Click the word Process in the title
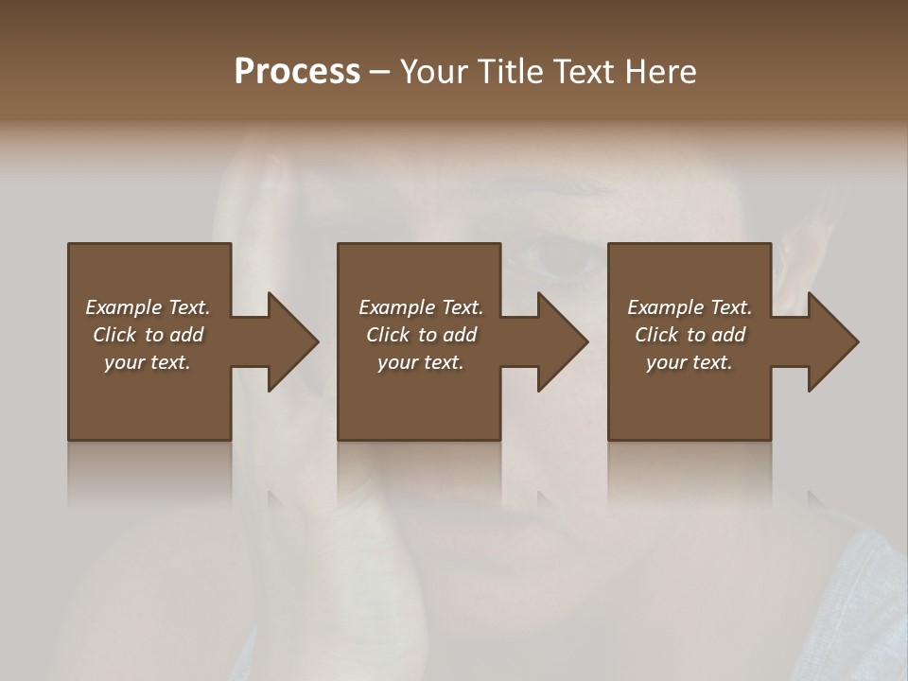[297, 72]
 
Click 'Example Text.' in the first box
[148, 307]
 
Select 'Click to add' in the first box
[148, 335]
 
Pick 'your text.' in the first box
[148, 362]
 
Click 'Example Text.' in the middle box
[421, 307]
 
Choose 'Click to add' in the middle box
[421, 335]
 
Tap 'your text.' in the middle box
[421, 362]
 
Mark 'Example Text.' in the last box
[690, 307]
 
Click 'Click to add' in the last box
[690, 335]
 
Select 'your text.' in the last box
[690, 362]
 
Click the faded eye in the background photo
[558, 257]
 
